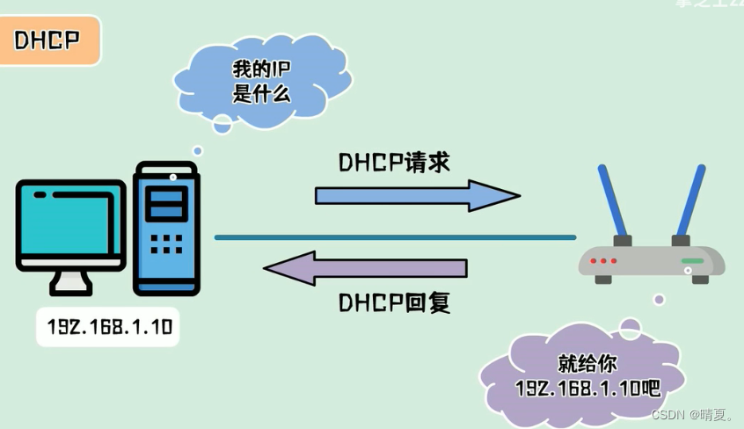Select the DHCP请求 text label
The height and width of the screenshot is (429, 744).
[394, 164]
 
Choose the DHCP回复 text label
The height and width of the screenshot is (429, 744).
[394, 302]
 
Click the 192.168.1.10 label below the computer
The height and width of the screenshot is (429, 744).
[109, 329]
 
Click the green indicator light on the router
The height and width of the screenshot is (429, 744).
[692, 261]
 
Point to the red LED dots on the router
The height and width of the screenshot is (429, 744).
[603, 261]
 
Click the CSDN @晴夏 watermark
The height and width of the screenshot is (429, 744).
[692, 414]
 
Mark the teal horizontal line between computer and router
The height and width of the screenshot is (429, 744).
[395, 237]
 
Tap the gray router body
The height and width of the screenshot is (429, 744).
[651, 261]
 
